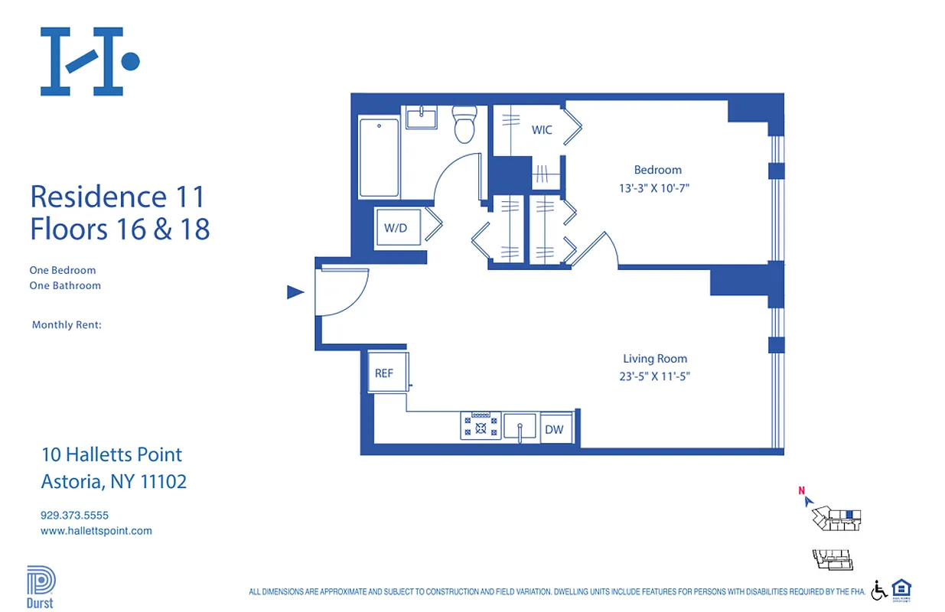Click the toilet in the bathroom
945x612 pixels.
pyautogui.click(x=464, y=125)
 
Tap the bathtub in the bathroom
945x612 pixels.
pyautogui.click(x=379, y=157)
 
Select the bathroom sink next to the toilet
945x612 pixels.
pyautogui.click(x=421, y=119)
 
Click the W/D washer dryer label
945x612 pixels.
pyautogui.click(x=396, y=227)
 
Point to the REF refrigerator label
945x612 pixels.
pyautogui.click(x=384, y=373)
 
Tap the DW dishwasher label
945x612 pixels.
pyautogui.click(x=554, y=429)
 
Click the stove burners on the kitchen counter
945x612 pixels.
pyautogui.click(x=481, y=426)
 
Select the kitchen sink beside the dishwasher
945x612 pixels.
pyautogui.click(x=520, y=426)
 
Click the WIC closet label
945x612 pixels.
pyautogui.click(x=542, y=130)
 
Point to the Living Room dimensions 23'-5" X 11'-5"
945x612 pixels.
pyautogui.click(x=654, y=376)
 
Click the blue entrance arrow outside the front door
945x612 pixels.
pyautogui.click(x=295, y=291)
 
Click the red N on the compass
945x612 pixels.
pyautogui.click(x=801, y=491)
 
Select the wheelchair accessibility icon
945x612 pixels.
pyautogui.click(x=879, y=590)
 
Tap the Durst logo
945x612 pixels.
pyautogui.click(x=41, y=587)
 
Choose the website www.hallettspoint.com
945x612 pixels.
pyautogui.click(x=96, y=530)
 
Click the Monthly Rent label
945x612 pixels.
pyautogui.click(x=67, y=325)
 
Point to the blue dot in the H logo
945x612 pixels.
pyautogui.click(x=131, y=61)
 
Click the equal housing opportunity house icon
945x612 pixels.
pyautogui.click(x=901, y=589)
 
